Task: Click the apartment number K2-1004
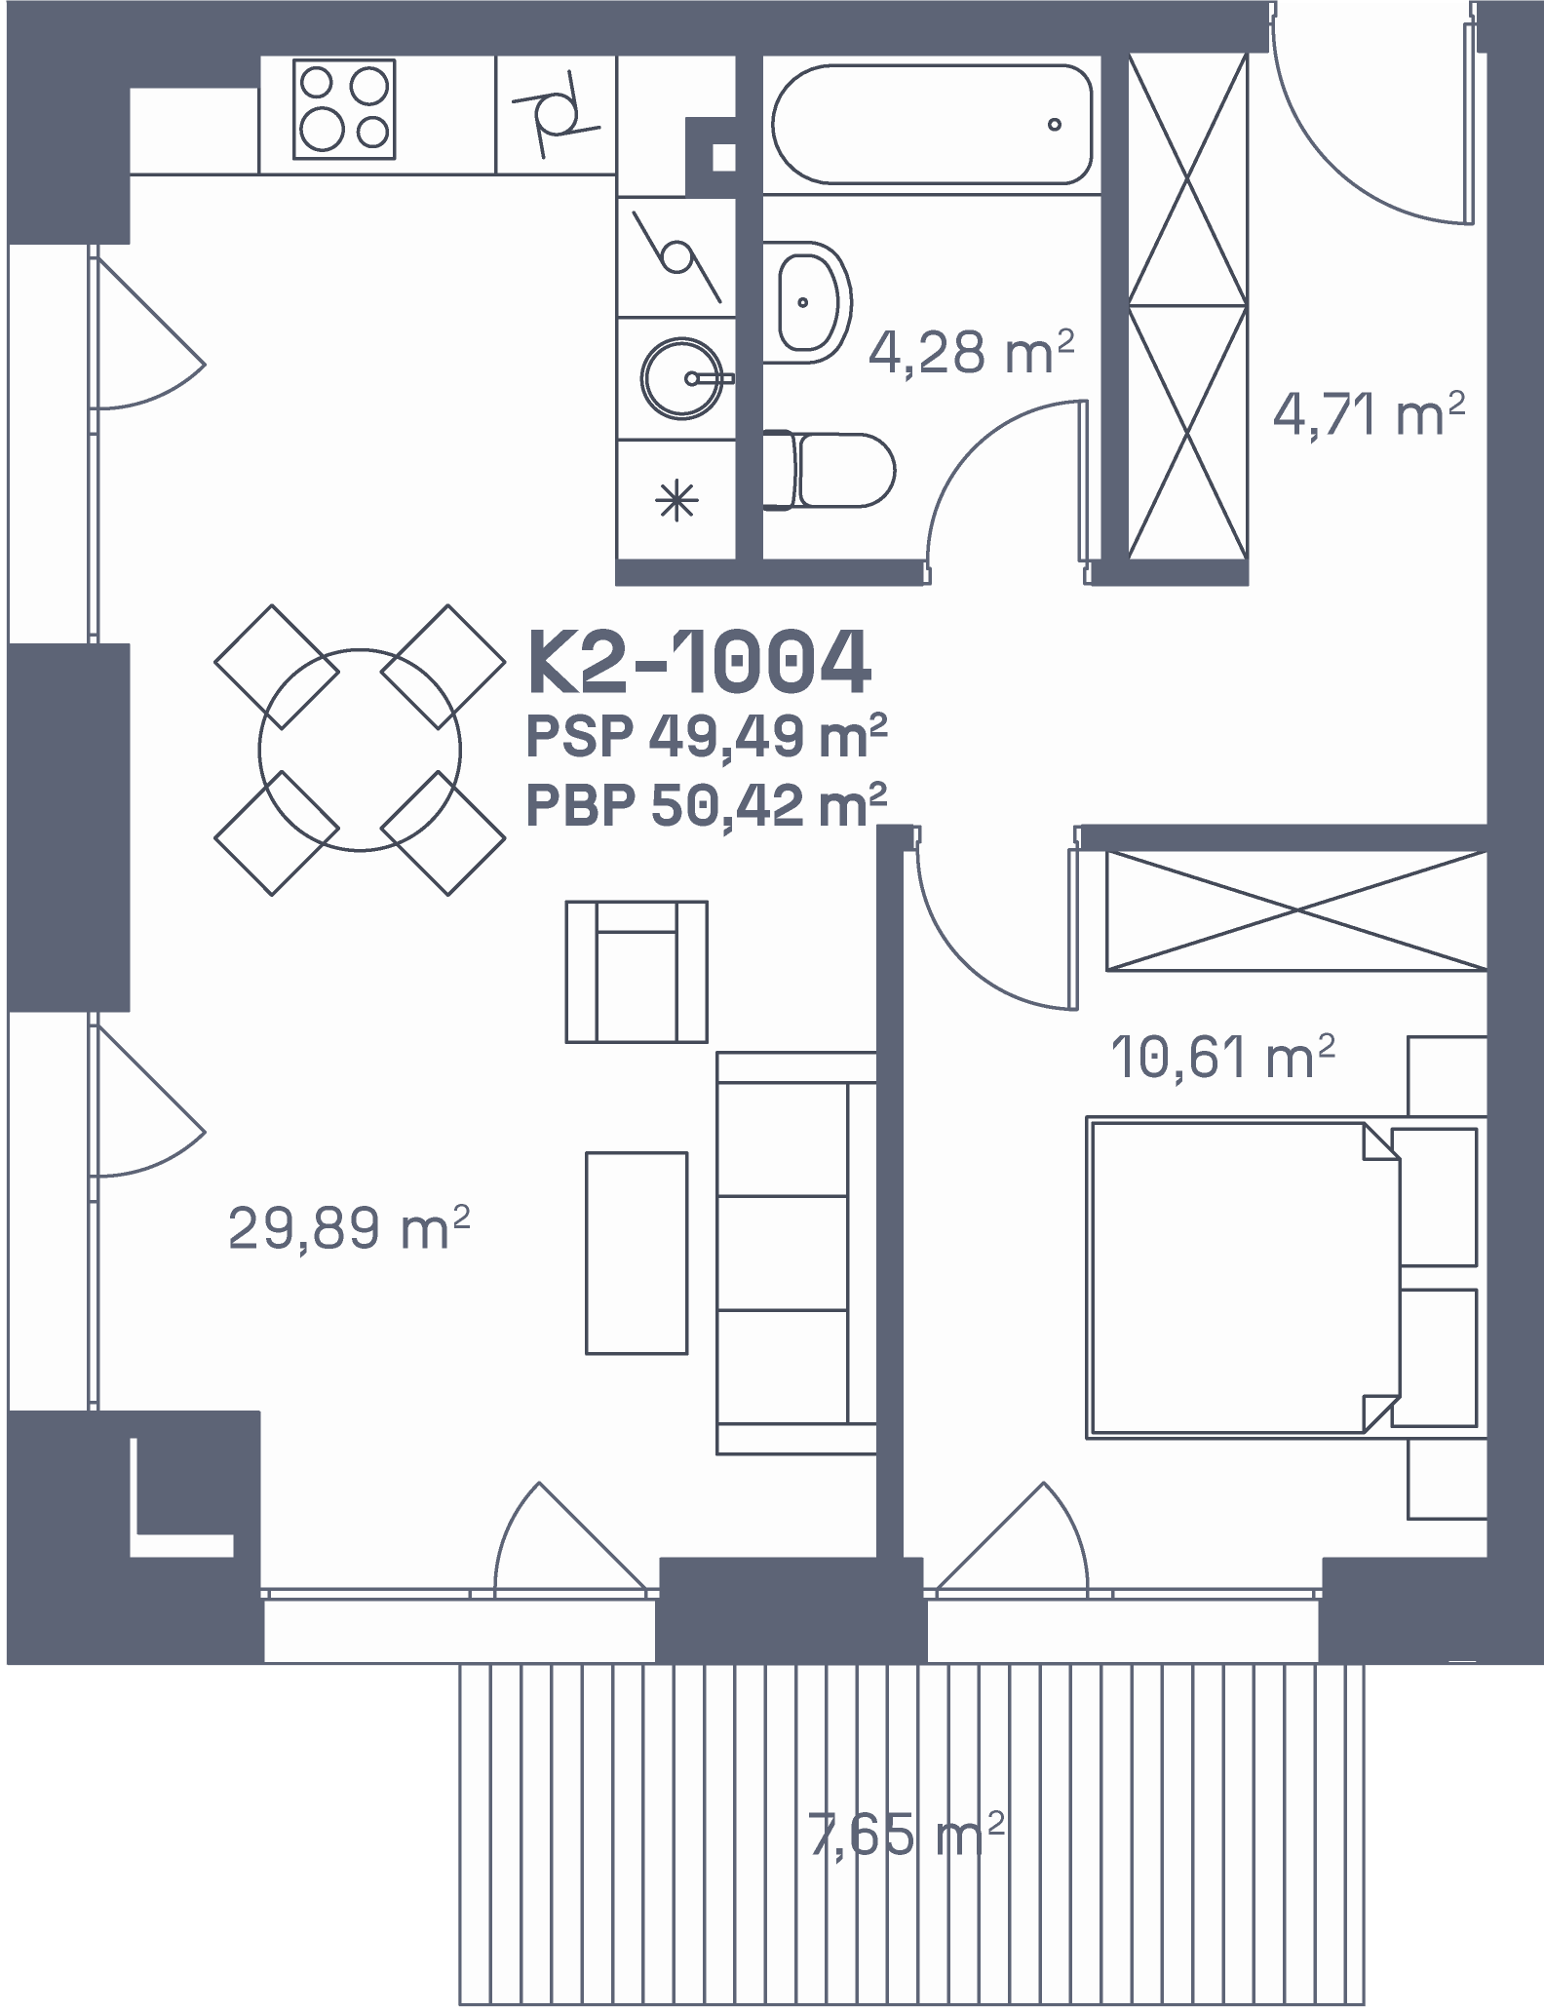(698, 662)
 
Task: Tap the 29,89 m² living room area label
(349, 1226)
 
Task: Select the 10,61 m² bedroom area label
(1222, 1057)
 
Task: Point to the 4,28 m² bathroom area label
(971, 352)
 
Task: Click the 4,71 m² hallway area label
(1369, 414)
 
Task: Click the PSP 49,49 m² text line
(707, 737)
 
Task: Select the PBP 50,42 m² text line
(707, 805)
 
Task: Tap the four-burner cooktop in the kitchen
(344, 109)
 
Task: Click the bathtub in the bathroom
(932, 124)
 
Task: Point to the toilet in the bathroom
(830, 471)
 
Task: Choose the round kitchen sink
(682, 378)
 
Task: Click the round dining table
(360, 750)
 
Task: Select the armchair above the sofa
(637, 972)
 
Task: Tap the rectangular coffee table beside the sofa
(637, 1254)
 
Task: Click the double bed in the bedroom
(1283, 1279)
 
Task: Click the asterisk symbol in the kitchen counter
(676, 500)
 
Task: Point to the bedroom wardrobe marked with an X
(1296, 910)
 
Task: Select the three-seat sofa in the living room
(796, 1253)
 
